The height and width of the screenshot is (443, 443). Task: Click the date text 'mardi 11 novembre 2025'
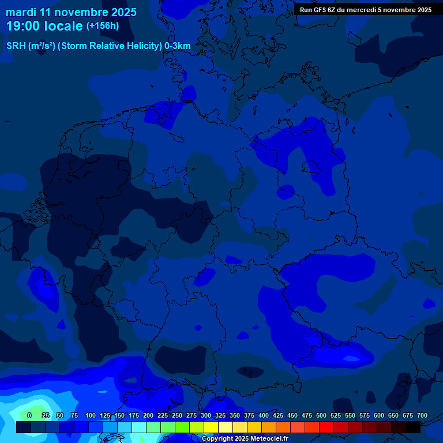(71, 12)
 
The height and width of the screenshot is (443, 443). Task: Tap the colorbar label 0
(29, 415)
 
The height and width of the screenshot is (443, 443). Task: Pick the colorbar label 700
(422, 415)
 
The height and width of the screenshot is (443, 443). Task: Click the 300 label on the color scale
(206, 415)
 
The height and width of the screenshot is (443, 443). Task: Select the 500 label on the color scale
(321, 415)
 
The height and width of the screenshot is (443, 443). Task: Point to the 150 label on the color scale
(119, 415)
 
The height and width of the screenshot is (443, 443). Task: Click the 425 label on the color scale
(278, 415)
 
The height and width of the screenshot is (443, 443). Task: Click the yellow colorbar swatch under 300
(211, 427)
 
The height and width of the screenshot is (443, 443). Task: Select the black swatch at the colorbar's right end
(413, 427)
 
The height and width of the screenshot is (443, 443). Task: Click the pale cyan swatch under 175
(139, 427)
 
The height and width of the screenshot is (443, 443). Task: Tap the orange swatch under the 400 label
(269, 427)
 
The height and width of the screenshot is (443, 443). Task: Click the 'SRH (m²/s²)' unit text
(31, 46)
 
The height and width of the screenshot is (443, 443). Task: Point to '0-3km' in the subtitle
(177, 46)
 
